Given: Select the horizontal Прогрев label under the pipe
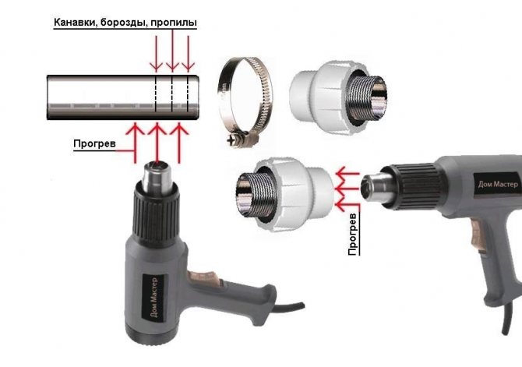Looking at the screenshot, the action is pos(94,143).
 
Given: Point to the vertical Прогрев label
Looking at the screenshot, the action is pos(353,235).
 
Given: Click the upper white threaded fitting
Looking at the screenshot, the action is pos(338,98).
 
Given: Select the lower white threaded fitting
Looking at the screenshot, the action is pos(285,195).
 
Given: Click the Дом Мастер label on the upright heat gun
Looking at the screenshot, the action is pos(153,298).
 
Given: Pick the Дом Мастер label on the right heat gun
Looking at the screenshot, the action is pos(498,185).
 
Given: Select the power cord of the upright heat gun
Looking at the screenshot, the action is pos(289,309).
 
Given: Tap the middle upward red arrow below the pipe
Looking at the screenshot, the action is pos(157,143).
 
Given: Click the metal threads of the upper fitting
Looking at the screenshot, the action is pos(367,98).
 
